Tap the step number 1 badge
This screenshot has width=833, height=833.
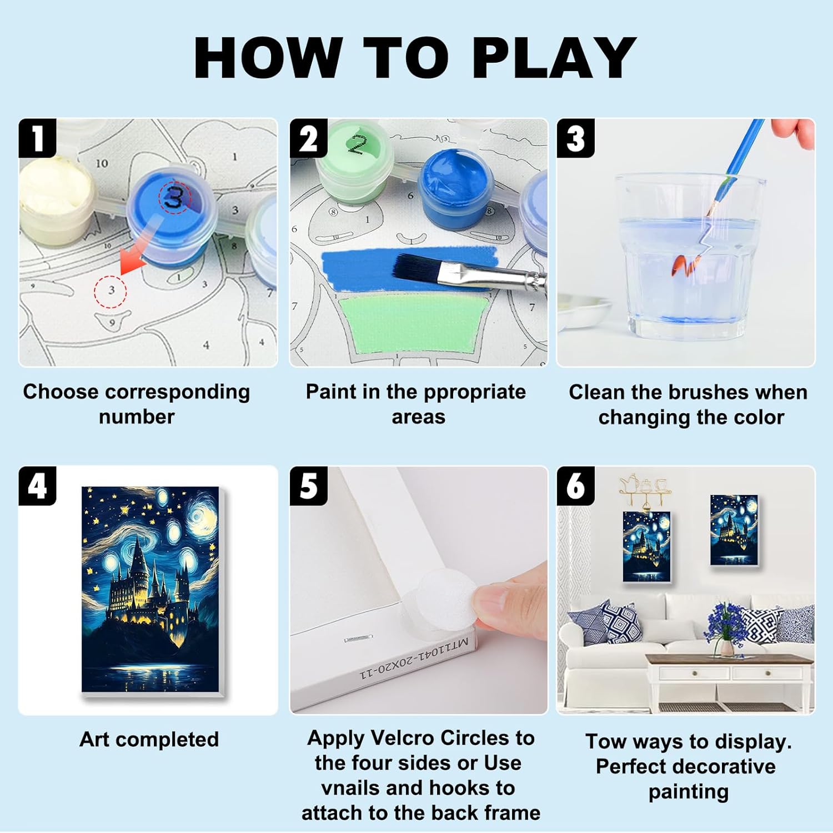pos(37,138)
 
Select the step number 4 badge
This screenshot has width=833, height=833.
pos(37,485)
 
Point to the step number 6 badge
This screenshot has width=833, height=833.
pos(575,485)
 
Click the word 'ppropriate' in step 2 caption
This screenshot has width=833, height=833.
pos(474,393)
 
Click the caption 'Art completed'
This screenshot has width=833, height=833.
pos(149,740)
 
